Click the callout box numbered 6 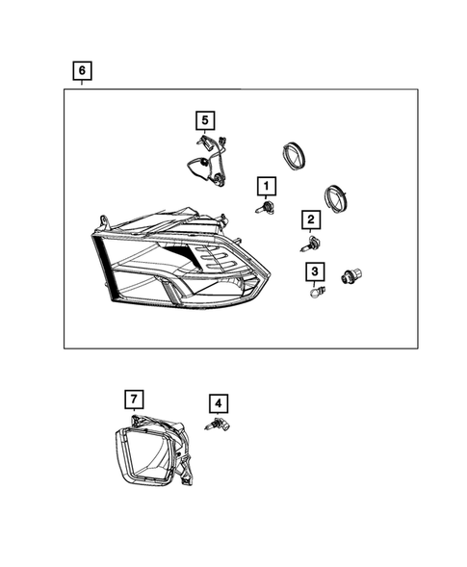click(x=83, y=70)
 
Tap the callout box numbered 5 click(x=204, y=119)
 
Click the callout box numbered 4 click(x=220, y=404)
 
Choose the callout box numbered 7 click(x=135, y=398)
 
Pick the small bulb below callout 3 click(x=313, y=292)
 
